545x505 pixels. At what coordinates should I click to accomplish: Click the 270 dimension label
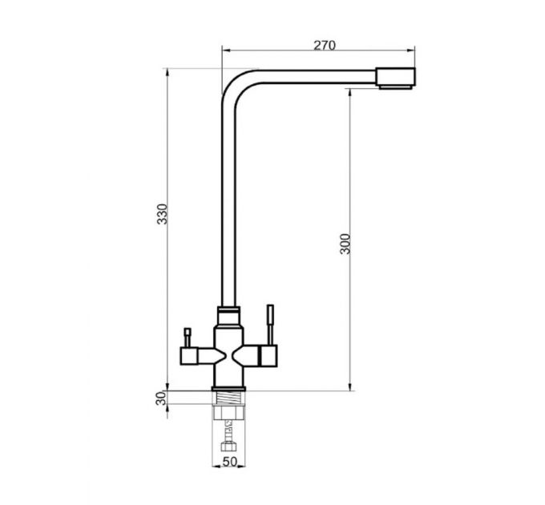click(324, 46)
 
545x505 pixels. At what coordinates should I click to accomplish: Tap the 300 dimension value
click(345, 244)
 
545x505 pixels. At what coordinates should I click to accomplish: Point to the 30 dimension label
click(159, 398)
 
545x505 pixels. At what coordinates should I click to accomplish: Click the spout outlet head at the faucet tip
click(397, 79)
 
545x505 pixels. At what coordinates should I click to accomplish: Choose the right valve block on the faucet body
click(264, 353)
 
